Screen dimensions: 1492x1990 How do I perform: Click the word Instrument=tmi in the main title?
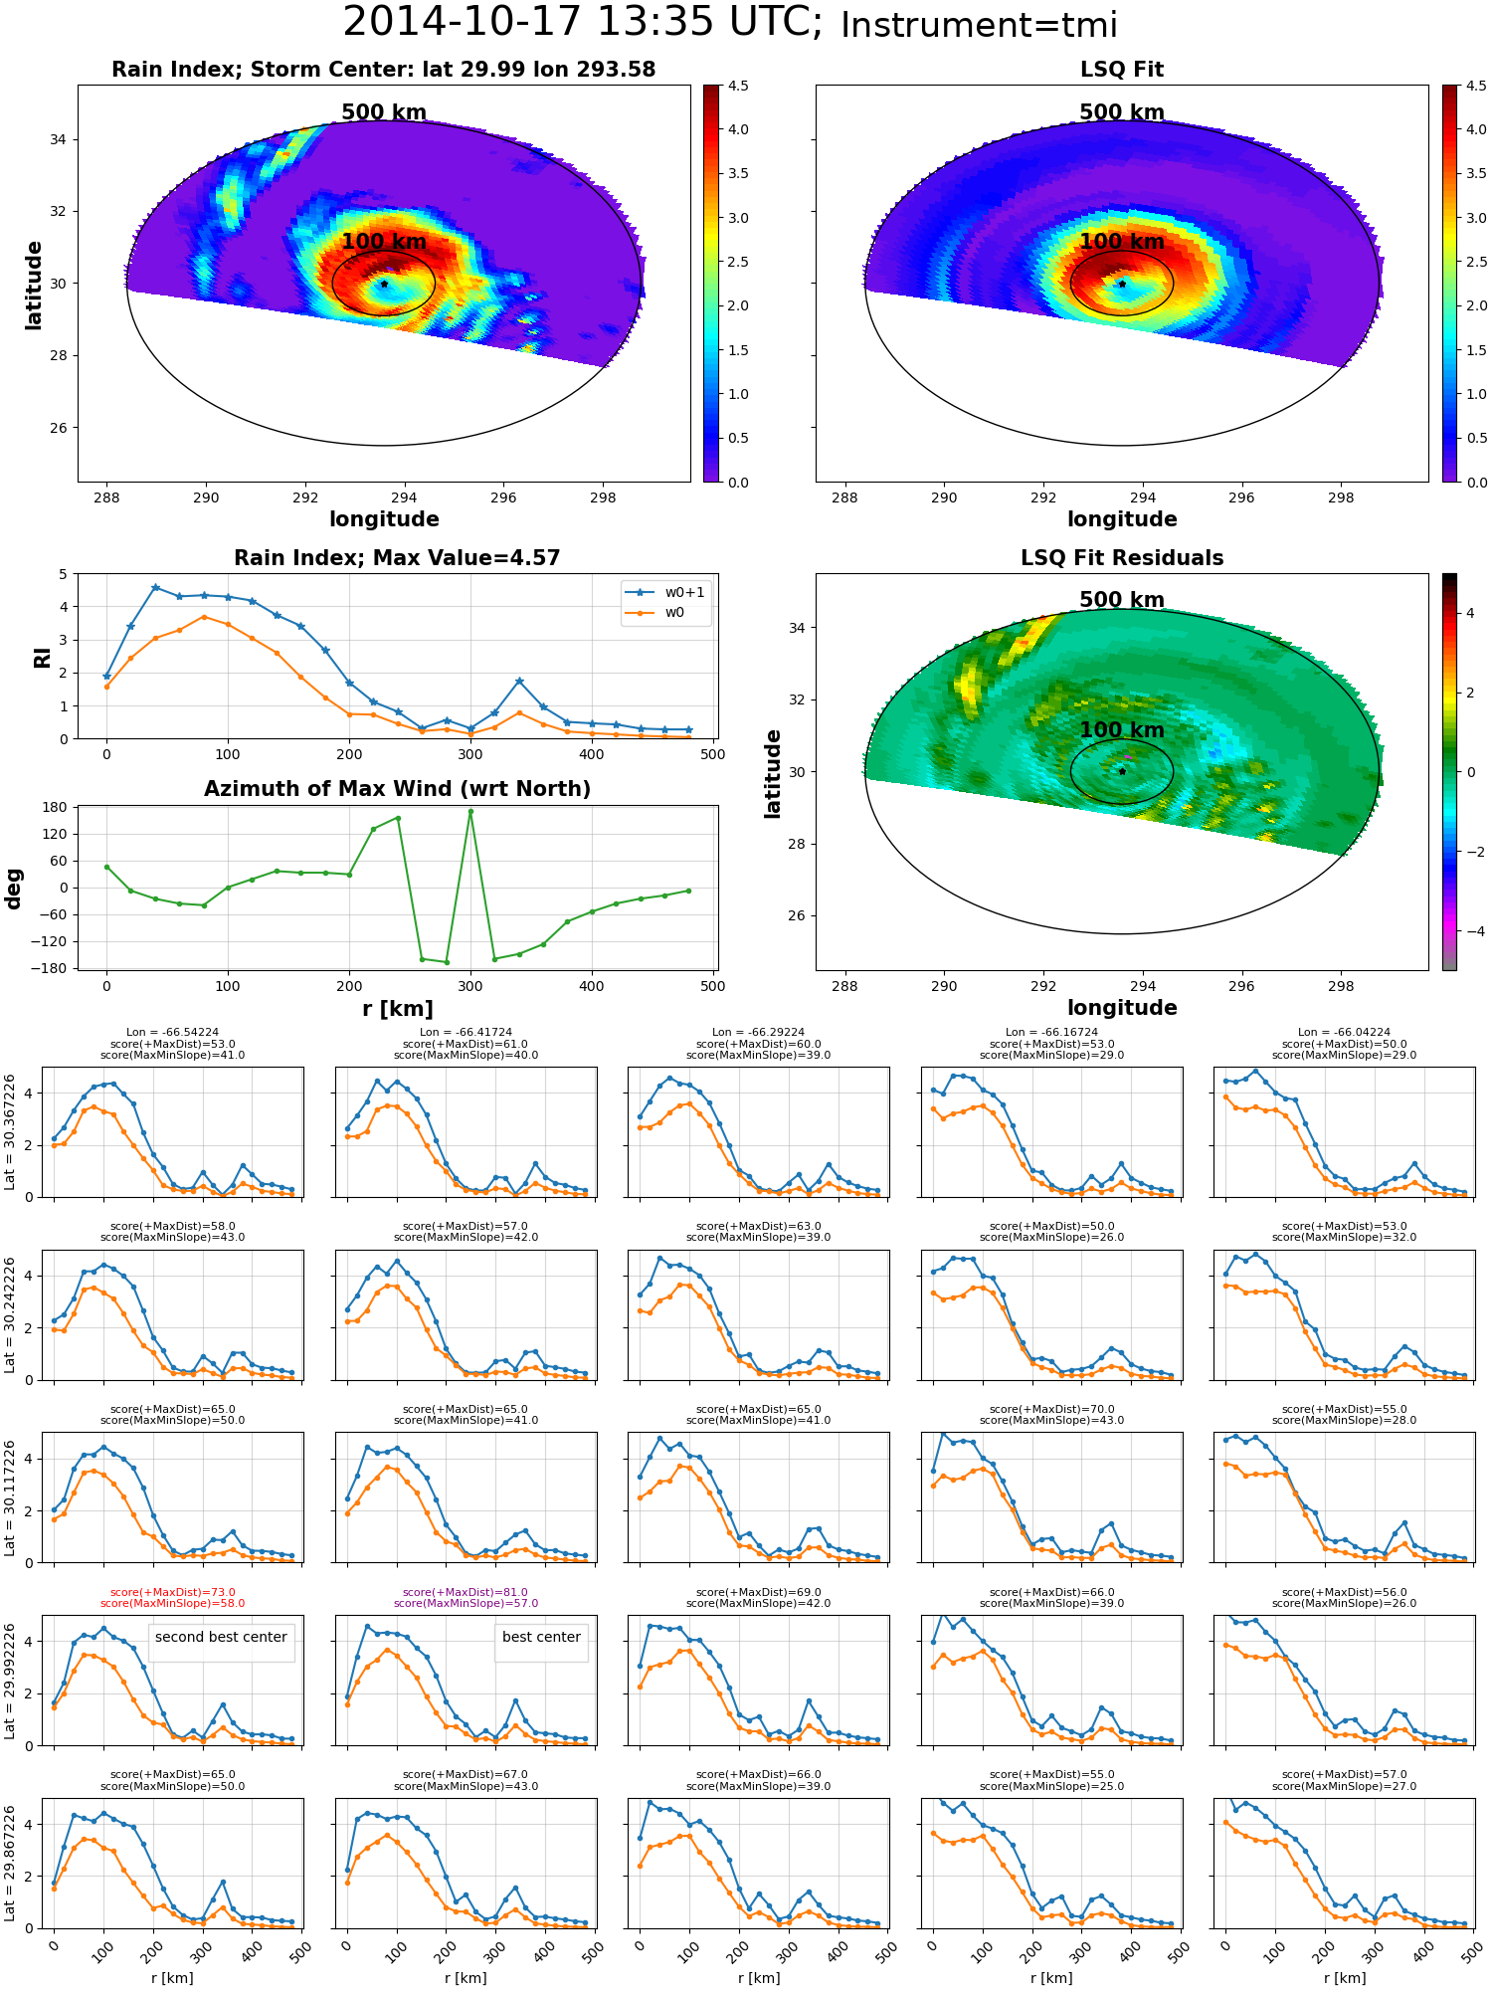979,25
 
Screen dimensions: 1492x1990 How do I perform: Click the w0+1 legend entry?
666,592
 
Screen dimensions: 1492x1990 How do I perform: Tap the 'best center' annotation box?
541,1637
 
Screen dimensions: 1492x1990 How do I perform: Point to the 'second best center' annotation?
221,1637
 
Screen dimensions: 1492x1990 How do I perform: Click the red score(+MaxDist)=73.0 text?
173,1592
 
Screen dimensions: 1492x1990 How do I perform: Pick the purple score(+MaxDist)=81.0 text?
466,1592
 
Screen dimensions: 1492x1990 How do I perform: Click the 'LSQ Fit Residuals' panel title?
1122,558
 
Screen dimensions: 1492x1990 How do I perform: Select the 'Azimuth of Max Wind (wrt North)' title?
397,789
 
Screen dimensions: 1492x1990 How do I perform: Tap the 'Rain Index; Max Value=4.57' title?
397,558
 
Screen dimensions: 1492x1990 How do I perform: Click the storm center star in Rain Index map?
384,284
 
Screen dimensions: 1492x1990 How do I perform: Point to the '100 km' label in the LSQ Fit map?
1122,242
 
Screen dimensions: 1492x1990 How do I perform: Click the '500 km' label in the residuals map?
1122,600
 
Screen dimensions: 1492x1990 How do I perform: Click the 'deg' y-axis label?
14,889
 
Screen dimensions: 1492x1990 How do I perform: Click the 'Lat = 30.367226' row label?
10,1132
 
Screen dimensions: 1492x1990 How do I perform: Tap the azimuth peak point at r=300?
470,812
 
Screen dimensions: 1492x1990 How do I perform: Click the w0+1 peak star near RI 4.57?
155,588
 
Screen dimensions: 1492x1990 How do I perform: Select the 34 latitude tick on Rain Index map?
59,139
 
